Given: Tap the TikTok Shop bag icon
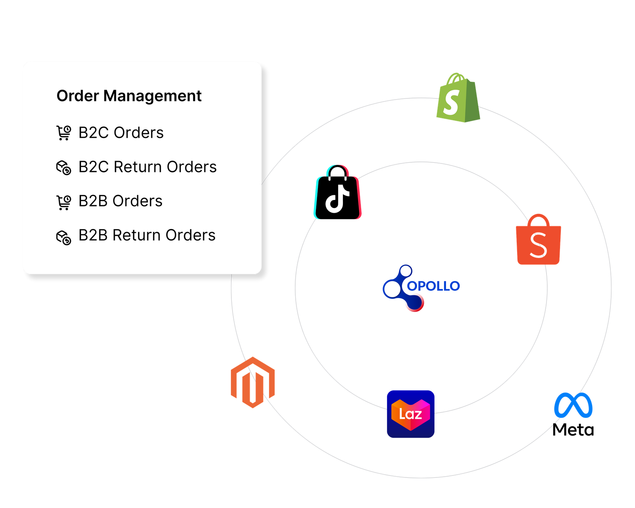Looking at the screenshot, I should coord(338,192).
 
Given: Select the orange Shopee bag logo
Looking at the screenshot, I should coord(538,241).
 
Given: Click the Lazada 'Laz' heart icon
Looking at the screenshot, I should coord(411,414).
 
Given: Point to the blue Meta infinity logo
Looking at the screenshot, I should coord(573,405).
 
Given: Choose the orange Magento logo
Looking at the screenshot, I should coord(253,382).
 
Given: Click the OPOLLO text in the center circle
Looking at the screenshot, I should coord(433,286).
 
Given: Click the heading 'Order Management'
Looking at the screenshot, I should coord(129,96).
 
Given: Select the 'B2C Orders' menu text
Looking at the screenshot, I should coord(121,133).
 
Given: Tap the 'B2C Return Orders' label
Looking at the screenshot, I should coord(148,167).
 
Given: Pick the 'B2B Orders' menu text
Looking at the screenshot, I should coord(120,201).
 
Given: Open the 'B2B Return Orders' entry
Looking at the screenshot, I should coord(147,235).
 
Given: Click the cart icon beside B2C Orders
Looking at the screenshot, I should coord(63,133).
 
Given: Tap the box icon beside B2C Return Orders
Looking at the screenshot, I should coord(63,167).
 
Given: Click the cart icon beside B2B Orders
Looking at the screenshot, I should coord(63,202).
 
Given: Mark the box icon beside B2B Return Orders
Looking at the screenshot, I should coord(63,237).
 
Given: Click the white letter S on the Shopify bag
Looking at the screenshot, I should coord(451,102).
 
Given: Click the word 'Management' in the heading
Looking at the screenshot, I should coord(152,96).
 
